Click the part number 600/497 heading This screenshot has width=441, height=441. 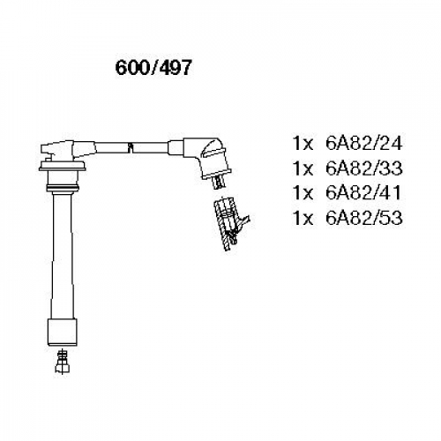(x=153, y=68)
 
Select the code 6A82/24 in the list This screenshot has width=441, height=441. (x=363, y=144)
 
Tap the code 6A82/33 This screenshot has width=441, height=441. (x=363, y=168)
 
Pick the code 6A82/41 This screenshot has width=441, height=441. (x=363, y=193)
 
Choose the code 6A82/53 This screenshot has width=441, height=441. (x=363, y=218)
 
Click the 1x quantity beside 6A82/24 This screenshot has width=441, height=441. (x=303, y=144)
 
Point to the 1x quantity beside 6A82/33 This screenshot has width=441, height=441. (x=303, y=168)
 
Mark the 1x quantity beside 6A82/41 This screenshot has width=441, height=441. (x=303, y=193)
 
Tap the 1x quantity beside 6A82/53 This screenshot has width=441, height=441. (x=303, y=218)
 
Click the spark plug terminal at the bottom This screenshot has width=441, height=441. (x=62, y=362)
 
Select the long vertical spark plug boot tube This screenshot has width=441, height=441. (x=63, y=255)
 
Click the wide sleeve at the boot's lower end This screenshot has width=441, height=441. (x=63, y=333)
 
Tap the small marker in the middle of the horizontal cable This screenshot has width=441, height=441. (x=131, y=147)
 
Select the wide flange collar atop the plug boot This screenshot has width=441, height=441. (x=63, y=166)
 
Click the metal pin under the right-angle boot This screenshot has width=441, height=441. (x=219, y=182)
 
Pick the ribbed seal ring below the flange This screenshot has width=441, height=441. (x=63, y=188)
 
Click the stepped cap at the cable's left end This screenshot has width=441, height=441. (x=57, y=151)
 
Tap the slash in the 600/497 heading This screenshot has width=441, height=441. (x=153, y=68)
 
